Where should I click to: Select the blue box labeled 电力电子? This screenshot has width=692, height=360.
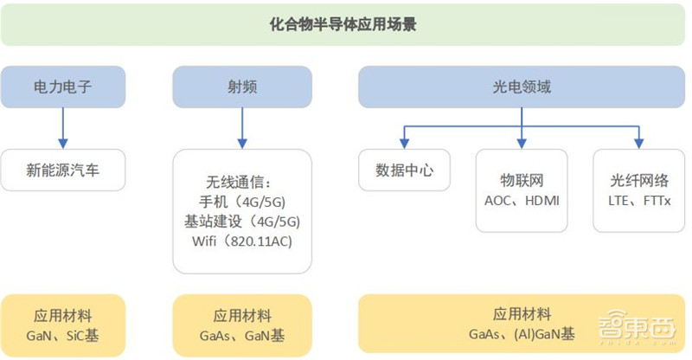[x=63, y=87]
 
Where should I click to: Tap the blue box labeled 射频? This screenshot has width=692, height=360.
[x=241, y=87]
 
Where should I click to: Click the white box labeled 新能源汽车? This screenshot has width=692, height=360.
[x=63, y=170]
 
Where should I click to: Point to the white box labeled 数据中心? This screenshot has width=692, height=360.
[x=405, y=170]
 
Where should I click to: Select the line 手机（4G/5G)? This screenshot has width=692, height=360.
[x=241, y=202]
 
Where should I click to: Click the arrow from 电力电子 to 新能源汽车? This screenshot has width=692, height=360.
[x=63, y=127]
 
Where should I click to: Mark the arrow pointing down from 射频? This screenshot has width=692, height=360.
[x=241, y=127]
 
